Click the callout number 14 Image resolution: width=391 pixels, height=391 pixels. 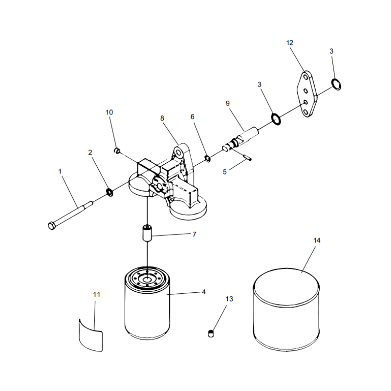click(x=317, y=240)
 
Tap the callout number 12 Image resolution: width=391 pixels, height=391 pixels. click(x=289, y=43)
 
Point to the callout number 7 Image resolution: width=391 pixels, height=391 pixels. click(x=194, y=235)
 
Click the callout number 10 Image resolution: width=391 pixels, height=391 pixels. click(x=109, y=112)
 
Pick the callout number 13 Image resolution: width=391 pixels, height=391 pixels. click(x=230, y=298)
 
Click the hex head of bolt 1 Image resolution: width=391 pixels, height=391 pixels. click(x=53, y=226)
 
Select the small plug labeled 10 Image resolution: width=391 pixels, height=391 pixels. click(x=117, y=150)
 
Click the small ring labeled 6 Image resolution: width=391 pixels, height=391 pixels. click(x=208, y=158)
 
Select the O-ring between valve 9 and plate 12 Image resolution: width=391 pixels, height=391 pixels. click(x=276, y=118)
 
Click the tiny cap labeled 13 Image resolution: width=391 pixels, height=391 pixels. click(x=211, y=334)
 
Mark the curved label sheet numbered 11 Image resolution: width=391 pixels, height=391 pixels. click(x=91, y=334)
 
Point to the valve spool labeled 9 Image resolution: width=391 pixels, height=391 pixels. click(x=242, y=138)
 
